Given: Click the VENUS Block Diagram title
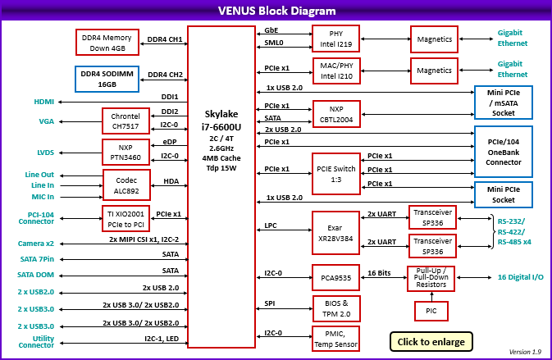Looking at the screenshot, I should click(276, 11).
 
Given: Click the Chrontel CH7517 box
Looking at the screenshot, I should click(125, 121).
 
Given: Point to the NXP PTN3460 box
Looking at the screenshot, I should click(125, 153).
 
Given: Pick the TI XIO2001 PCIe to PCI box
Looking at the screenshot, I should click(125, 219).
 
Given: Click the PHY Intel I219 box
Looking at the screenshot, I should click(336, 39).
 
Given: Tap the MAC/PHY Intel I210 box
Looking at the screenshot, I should click(336, 71).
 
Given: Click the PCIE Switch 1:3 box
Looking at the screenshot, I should click(336, 172).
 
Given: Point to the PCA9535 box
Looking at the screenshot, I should click(336, 277).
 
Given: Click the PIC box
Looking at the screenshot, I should click(431, 310).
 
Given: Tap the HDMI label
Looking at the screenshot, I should click(44, 103).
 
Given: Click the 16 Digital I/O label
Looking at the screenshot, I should click(520, 277).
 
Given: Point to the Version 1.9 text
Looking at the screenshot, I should click(525, 352).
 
